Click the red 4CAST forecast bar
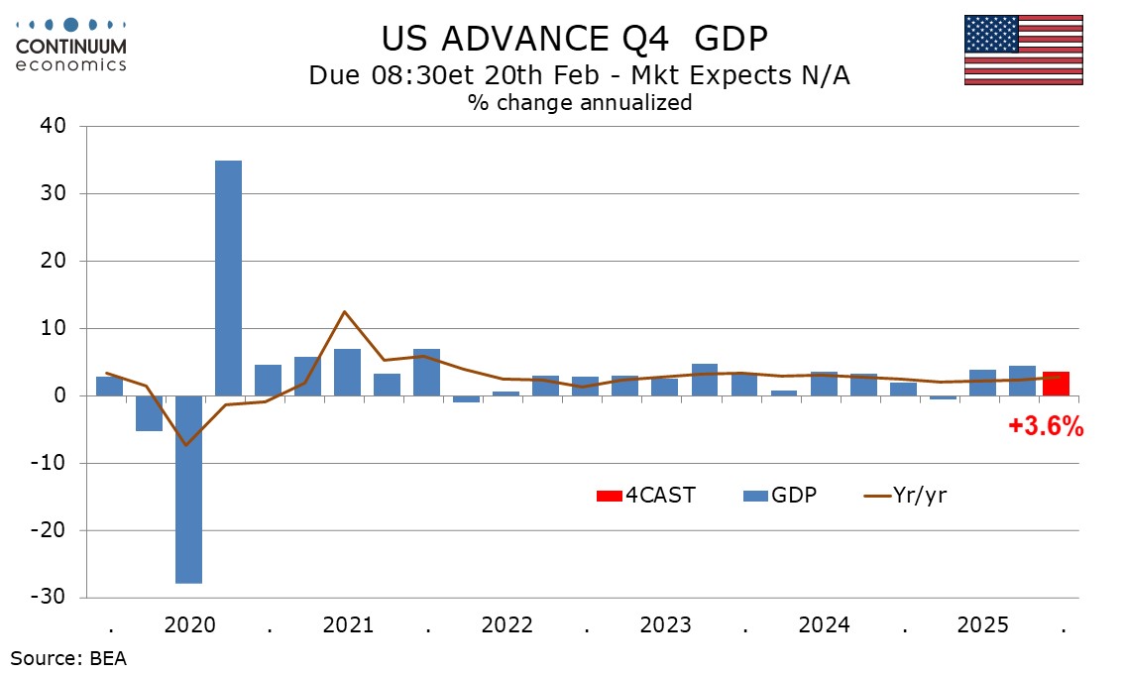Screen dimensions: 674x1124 pyautogui.click(x=1056, y=384)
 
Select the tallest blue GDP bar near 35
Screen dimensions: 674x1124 pyautogui.click(x=228, y=278)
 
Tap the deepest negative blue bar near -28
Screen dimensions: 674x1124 pyautogui.click(x=188, y=490)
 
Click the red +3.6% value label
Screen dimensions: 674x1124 pyautogui.click(x=1046, y=427)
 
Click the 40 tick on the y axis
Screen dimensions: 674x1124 pyautogui.click(x=54, y=127)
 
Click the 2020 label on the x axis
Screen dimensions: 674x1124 pyautogui.click(x=189, y=625)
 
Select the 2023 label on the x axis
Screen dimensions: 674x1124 pyautogui.click(x=666, y=625)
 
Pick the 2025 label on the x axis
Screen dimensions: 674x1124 pyautogui.click(x=983, y=625)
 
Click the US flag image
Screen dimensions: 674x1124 pyautogui.click(x=1023, y=50)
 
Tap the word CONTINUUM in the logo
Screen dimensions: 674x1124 pyautogui.click(x=71, y=46)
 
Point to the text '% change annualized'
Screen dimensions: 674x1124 pyautogui.click(x=580, y=102)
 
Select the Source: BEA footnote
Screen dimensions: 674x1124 pyautogui.click(x=68, y=657)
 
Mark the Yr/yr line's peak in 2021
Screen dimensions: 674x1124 pyautogui.click(x=344, y=311)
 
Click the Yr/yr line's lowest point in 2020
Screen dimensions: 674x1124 pyautogui.click(x=185, y=445)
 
